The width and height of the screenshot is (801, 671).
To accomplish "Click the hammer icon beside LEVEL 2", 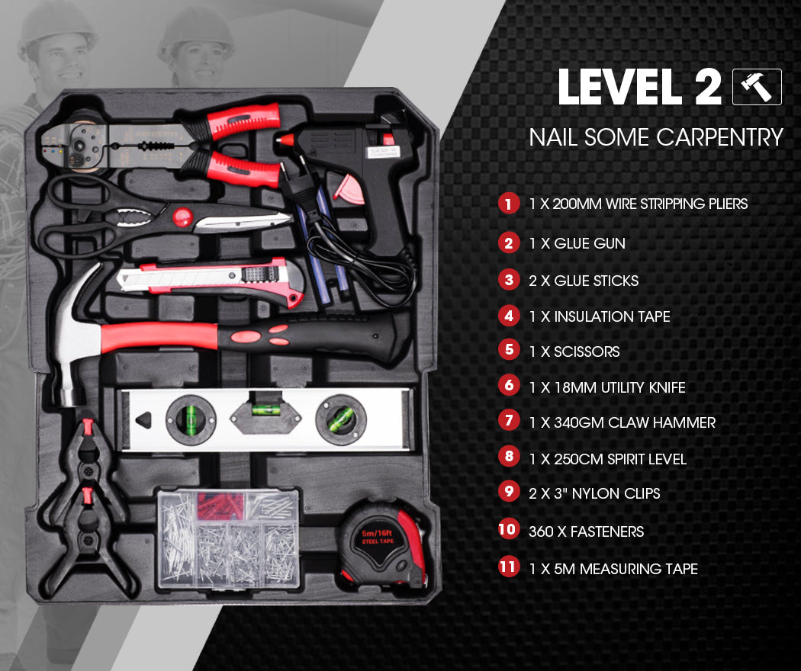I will (x=757, y=87).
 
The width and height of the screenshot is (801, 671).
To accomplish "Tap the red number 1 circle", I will (x=508, y=204).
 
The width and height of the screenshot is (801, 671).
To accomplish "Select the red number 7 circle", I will (x=508, y=421).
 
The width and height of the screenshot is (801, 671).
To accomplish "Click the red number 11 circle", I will (x=508, y=568).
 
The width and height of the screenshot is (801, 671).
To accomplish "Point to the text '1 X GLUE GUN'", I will (x=577, y=243).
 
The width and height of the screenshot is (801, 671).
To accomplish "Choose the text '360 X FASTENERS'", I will (x=586, y=531).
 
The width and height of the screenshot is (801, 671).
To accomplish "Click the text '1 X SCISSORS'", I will (x=574, y=352).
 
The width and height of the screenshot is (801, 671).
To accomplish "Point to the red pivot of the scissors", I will (x=182, y=218).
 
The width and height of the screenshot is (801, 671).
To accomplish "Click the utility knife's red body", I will (x=229, y=278).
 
